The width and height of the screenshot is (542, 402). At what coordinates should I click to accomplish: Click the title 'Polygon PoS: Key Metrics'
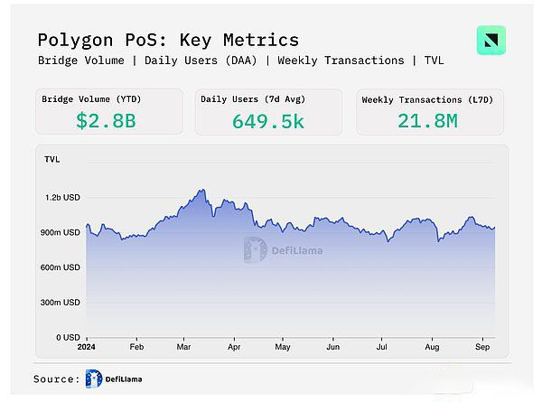168,40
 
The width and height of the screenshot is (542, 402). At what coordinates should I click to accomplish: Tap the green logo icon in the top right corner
491,41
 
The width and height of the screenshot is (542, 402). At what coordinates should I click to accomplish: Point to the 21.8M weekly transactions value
428,119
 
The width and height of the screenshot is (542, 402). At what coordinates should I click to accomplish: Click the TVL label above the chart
52,159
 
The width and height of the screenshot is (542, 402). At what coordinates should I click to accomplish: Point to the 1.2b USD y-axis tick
63,197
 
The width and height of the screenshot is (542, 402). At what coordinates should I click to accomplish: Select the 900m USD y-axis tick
61,232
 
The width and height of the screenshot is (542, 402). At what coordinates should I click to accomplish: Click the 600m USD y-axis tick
61,267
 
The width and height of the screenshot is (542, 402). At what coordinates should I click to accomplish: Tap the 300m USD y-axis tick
61,302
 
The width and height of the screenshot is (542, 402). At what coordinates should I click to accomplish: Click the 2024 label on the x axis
86,346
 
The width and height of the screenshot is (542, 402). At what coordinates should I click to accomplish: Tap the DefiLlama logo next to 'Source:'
94,379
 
